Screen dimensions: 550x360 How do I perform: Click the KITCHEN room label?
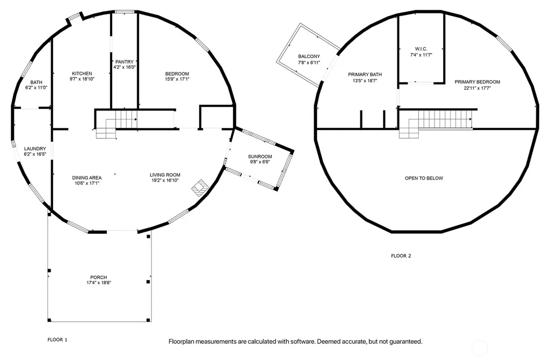click(82, 74)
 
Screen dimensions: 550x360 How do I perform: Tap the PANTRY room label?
click(125, 62)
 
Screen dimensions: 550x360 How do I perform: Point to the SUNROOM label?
click(260, 156)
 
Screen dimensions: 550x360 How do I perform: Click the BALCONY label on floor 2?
click(309, 56)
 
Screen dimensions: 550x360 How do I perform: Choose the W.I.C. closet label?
click(421, 49)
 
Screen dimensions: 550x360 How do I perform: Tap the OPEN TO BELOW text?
click(424, 178)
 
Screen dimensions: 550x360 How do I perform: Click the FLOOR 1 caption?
click(57, 340)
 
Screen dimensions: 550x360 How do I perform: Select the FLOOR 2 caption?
click(401, 256)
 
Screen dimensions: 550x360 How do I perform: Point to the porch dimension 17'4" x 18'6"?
click(99, 283)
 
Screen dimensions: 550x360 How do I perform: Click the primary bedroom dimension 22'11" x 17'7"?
click(477, 88)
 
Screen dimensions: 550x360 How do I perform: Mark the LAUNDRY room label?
click(35, 149)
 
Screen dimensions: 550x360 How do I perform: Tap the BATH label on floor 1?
click(36, 82)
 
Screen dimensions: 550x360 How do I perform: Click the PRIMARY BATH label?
click(365, 74)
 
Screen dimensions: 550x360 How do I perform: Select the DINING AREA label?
click(87, 178)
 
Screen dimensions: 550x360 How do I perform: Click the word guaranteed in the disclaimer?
click(404, 341)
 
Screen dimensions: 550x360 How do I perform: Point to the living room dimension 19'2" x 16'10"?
click(165, 181)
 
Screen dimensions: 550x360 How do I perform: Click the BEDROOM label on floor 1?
click(177, 74)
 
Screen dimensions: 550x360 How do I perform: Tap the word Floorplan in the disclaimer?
click(182, 341)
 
